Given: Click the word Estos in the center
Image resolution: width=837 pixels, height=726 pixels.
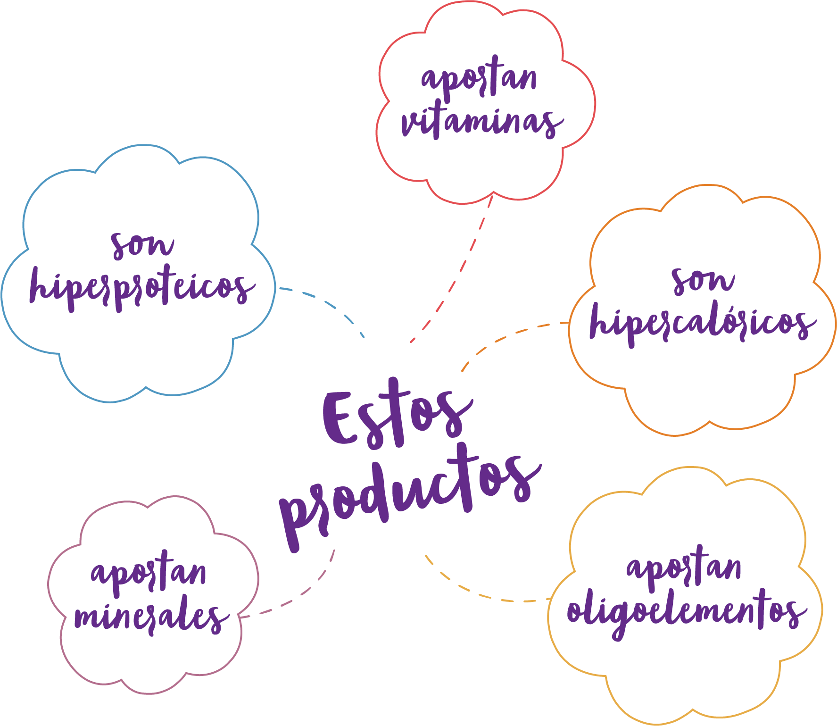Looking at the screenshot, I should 396,415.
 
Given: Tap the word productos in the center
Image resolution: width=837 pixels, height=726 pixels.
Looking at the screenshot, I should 410,495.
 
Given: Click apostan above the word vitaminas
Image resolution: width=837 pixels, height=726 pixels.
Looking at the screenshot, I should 479,78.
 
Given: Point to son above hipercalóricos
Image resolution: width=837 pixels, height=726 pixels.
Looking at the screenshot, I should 703,281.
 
